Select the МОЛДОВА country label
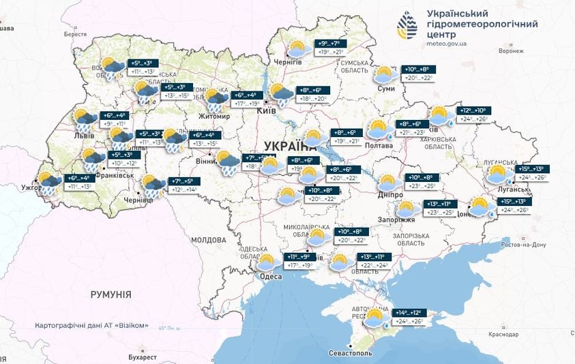coord(208,240)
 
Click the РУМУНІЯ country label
coord(110,294)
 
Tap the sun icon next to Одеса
coord(265,262)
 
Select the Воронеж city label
coord(510,51)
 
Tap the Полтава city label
coord(379,145)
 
